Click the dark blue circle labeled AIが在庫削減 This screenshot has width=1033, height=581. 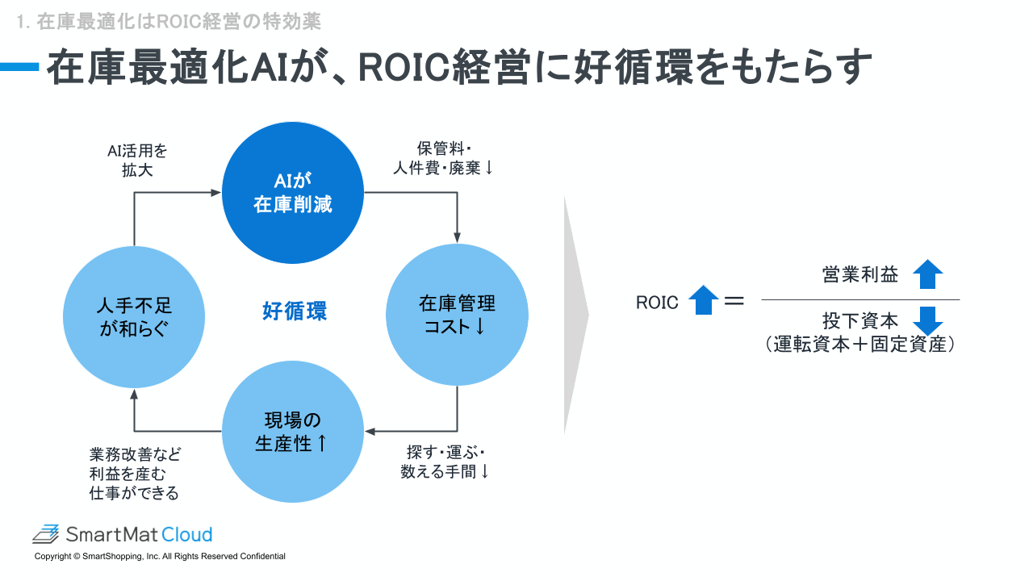[x=292, y=193]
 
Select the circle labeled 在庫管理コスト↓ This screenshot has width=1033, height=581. [x=457, y=315]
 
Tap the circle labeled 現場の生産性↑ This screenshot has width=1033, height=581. [x=292, y=432]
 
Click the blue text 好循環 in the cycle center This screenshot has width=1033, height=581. [x=295, y=311]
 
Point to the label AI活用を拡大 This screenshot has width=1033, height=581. [x=137, y=161]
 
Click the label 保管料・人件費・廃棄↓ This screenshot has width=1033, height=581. [x=443, y=159]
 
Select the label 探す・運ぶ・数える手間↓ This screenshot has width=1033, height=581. [x=445, y=462]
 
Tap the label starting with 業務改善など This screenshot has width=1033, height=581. [x=135, y=473]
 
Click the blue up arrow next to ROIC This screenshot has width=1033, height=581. [x=703, y=301]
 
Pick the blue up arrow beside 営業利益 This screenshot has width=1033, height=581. [x=928, y=274]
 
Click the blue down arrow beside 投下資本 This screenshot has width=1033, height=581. [x=928, y=320]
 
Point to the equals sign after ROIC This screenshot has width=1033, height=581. [x=734, y=302]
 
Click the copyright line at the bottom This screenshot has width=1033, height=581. [x=160, y=557]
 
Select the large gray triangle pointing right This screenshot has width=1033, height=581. [x=575, y=316]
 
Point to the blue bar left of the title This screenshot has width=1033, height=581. [x=19, y=68]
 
